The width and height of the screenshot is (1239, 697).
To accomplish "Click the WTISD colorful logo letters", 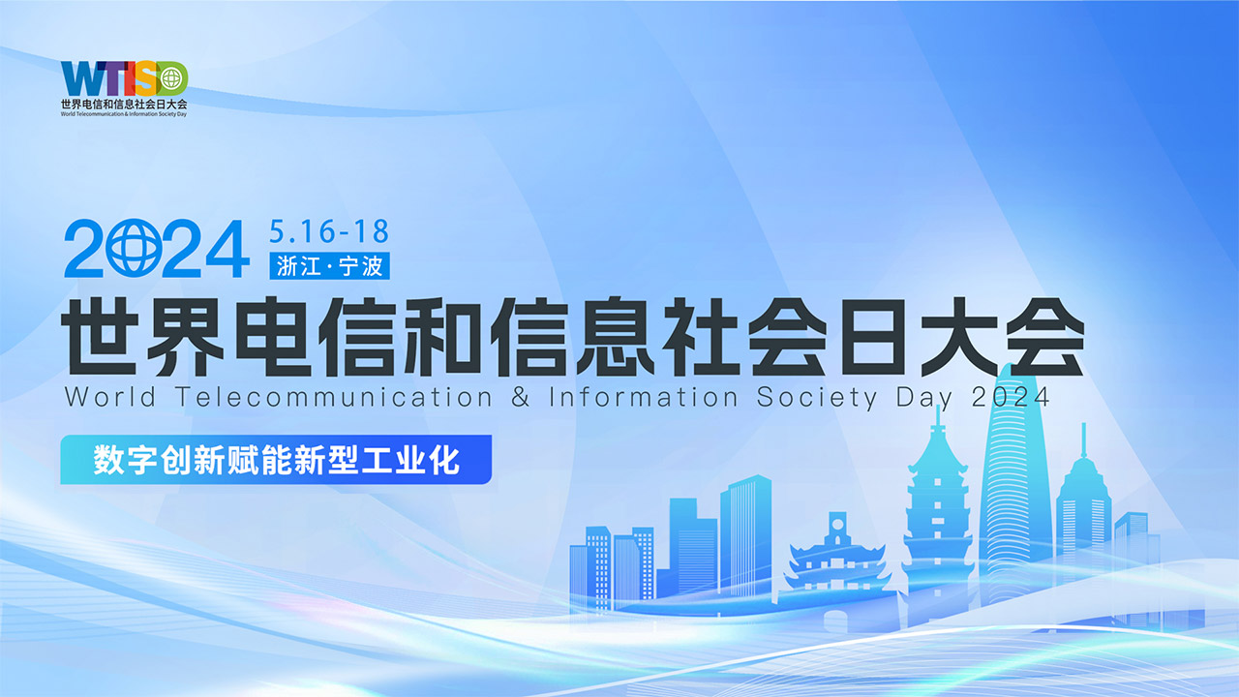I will (x=124, y=78).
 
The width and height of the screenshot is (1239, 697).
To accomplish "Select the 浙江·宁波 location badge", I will (x=330, y=266).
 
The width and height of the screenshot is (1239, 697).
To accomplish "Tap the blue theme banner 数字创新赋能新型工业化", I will (x=276, y=460).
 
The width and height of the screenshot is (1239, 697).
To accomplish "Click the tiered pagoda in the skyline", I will (x=937, y=513).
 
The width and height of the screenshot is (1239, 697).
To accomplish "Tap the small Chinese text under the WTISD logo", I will (x=124, y=103).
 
